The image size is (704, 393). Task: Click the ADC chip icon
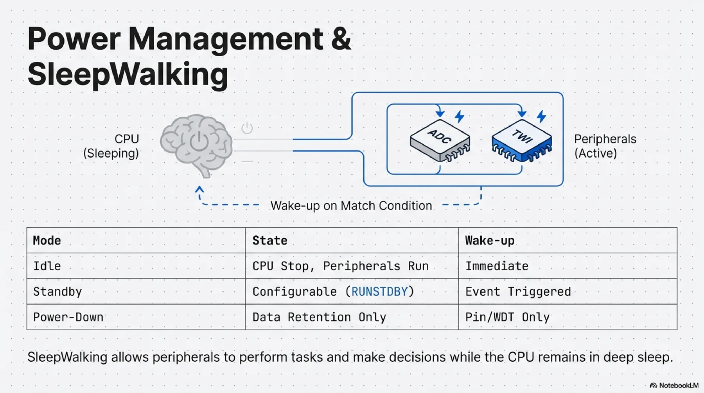click(x=440, y=141)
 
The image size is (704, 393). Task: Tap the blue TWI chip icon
click(x=522, y=141)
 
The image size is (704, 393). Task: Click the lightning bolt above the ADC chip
click(x=460, y=116)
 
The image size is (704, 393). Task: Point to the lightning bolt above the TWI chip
click(x=541, y=116)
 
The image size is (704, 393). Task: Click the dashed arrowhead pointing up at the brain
click(x=199, y=190)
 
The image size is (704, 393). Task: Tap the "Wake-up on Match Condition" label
click(x=351, y=206)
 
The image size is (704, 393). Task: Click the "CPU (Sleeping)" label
click(x=111, y=146)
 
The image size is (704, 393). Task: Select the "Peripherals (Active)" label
click(x=605, y=146)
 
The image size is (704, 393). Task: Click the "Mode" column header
click(x=47, y=240)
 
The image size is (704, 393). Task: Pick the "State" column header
click(x=270, y=240)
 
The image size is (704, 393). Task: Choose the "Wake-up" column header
click(x=490, y=240)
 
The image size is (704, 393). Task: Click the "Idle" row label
click(x=47, y=266)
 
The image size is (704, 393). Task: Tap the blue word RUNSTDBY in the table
click(x=379, y=292)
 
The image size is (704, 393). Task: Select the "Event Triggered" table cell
click(x=518, y=292)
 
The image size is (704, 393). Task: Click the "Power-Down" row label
click(x=68, y=317)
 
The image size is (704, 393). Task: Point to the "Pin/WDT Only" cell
click(x=507, y=317)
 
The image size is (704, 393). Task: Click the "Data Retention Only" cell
click(x=319, y=317)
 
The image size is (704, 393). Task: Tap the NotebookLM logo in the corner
click(x=674, y=386)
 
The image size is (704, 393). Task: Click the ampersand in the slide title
click(x=341, y=39)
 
